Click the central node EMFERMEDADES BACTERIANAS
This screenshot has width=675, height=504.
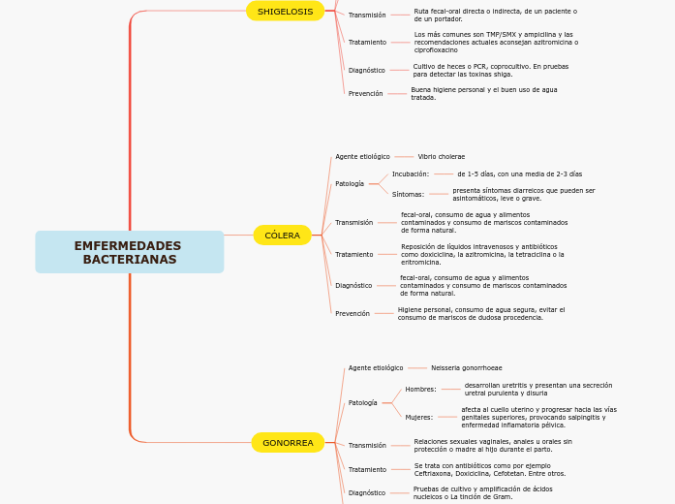point(129,252)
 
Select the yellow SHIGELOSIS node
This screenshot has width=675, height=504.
point(285,12)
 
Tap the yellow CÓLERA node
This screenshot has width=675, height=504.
point(282,236)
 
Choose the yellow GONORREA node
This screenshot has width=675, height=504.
point(288,443)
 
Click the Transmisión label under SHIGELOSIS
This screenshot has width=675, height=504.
point(367,16)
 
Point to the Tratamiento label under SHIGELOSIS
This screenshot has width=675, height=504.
point(367,43)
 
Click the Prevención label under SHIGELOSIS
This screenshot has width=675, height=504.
point(365,94)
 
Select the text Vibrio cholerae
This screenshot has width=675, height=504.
point(441,157)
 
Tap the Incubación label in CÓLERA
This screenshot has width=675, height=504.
point(410,174)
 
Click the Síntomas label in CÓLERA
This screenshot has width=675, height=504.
point(408,195)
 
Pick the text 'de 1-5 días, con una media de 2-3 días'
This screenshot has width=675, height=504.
point(519,174)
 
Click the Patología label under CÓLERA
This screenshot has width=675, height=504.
point(350,184)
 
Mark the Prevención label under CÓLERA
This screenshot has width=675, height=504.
point(353,314)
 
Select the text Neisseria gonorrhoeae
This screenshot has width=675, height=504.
point(466,368)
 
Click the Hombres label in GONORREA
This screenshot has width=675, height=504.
point(420,390)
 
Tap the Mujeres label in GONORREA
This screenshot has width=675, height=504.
point(418,418)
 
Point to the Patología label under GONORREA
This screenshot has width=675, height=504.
point(363,403)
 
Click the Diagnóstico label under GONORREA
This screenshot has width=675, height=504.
point(367,493)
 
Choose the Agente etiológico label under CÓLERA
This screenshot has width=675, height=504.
point(362,157)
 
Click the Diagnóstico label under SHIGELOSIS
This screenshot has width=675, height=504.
point(367,71)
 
